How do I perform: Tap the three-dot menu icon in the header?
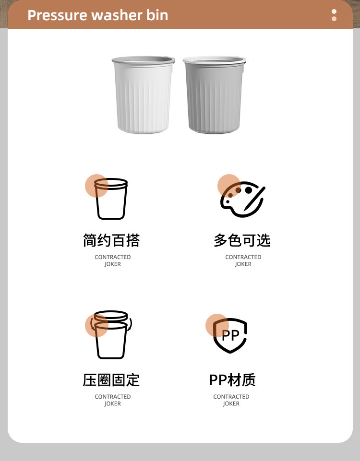[x=334, y=15]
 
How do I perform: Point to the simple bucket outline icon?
[x=111, y=199]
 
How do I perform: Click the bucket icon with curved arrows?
[x=111, y=334]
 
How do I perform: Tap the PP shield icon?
[x=230, y=335]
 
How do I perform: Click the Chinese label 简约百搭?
[x=111, y=240]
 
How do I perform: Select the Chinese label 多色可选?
[x=242, y=240]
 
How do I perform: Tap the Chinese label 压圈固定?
[x=111, y=380]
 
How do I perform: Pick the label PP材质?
[x=232, y=380]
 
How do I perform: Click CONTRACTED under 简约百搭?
[x=113, y=257]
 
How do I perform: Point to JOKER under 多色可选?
[x=243, y=264]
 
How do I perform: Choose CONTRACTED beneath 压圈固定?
[x=113, y=397]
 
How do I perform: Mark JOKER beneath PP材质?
[x=231, y=404]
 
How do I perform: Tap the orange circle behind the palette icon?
[x=226, y=181]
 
